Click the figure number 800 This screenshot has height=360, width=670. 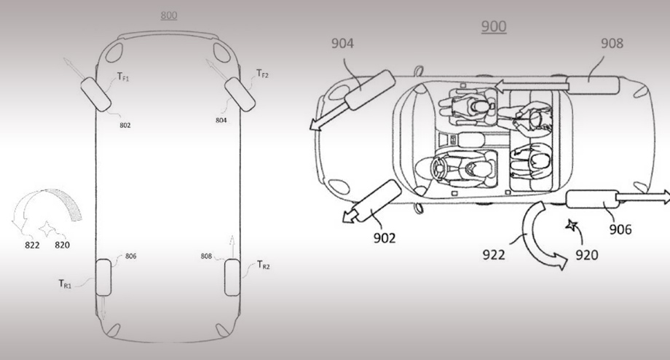coord(169,15)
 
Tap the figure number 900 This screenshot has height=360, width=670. coord(494,26)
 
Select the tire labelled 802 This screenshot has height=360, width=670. coord(95,95)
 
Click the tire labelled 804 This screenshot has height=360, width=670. coord(240,95)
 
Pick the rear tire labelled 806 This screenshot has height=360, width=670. coord(103,278)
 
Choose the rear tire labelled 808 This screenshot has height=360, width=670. coord(232,277)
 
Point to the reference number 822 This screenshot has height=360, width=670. coord(32,245)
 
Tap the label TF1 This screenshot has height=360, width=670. coord(123,77)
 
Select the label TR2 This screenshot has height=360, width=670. coord(263,265)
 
